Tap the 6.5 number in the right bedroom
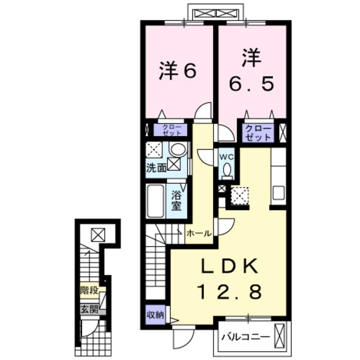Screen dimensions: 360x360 tap(251, 84)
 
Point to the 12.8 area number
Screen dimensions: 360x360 tap(228, 292)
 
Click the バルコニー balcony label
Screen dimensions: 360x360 tap(246, 337)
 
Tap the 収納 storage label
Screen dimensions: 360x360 tap(156, 315)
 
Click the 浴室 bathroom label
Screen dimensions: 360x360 tap(177, 199)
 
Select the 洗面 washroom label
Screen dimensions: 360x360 tap(156, 167)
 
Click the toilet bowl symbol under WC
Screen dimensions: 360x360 tap(227, 170)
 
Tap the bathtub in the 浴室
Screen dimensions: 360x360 tap(156, 201)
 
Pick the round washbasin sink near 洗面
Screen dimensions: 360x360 tap(177, 150)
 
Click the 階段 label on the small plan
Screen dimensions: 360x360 tap(89, 291)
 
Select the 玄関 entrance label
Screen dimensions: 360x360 tap(89, 308)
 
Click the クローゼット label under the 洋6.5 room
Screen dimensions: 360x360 tap(258, 133)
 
